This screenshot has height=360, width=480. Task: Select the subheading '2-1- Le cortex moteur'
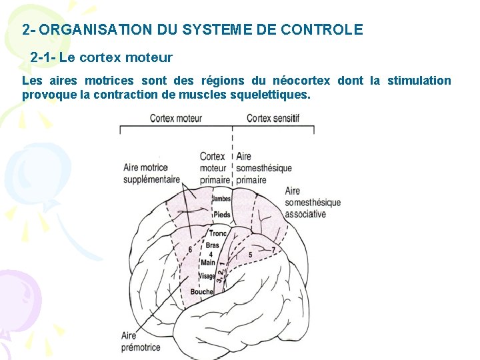coord(101,58)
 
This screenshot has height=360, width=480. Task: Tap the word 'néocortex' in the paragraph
coord(300,81)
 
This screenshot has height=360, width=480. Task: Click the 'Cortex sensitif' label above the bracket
coord(273,118)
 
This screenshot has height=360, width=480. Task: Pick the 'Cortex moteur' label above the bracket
coord(175,118)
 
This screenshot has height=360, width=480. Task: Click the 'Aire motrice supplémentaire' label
coord(151,173)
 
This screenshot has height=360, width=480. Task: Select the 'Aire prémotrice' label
coord(140,341)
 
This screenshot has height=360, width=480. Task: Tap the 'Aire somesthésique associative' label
coord(312,203)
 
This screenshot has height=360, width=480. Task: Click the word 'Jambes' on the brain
coord(221,199)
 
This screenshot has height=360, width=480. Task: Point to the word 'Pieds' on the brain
coord(222,215)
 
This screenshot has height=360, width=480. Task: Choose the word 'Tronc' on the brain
coord(218,233)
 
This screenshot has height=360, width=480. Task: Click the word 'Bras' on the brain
coord(213,245)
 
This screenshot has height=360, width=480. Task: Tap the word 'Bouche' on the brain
coord(201,291)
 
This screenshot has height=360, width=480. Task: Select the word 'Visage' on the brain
coord(207,275)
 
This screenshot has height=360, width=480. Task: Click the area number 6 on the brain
coord(191,249)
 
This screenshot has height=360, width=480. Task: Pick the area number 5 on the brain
coord(250,254)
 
